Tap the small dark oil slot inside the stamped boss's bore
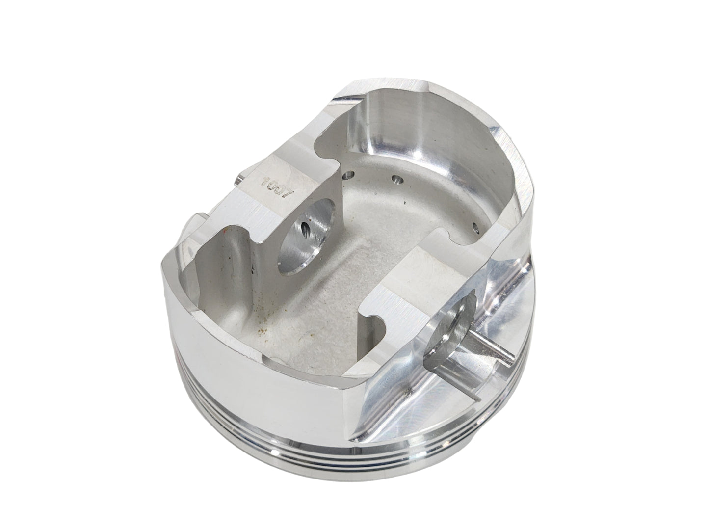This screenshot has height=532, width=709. pos(307,229)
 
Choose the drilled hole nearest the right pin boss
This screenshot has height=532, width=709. pos(474,227)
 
